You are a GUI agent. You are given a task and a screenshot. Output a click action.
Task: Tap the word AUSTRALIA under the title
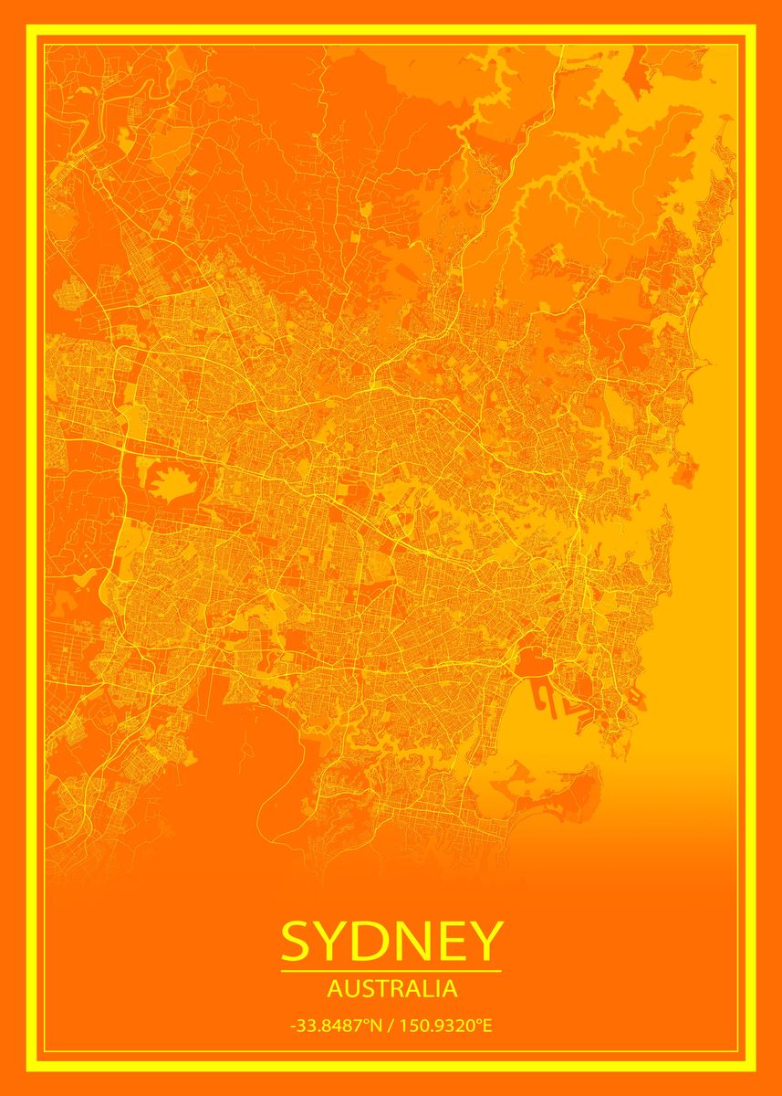(391, 988)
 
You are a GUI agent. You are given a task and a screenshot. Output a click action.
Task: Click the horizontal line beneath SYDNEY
(391, 971)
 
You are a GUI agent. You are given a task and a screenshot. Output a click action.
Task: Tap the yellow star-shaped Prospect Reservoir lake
(172, 481)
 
